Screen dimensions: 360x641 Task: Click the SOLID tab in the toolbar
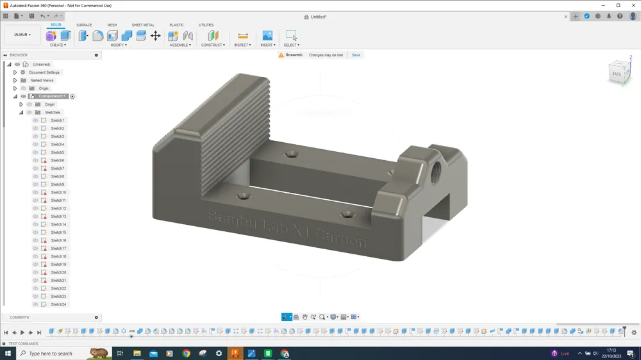click(x=56, y=25)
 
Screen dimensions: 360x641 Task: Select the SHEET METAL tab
click(x=143, y=25)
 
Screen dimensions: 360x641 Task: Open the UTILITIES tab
click(x=206, y=25)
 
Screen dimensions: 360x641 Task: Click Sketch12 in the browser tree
click(x=58, y=208)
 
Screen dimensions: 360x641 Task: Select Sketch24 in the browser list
click(x=58, y=304)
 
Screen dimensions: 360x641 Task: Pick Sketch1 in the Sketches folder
click(x=57, y=120)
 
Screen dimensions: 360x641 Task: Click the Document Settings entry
click(x=44, y=72)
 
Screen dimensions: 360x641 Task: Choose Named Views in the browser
click(x=42, y=81)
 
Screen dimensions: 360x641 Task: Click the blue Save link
click(x=356, y=55)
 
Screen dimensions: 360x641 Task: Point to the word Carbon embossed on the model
click(x=341, y=238)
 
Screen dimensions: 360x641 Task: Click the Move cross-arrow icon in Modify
click(x=156, y=36)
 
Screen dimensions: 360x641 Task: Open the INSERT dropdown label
click(x=267, y=45)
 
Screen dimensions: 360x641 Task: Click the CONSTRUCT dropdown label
click(x=212, y=45)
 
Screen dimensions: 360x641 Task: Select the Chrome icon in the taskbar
click(x=186, y=354)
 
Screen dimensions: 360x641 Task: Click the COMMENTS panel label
click(x=19, y=317)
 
